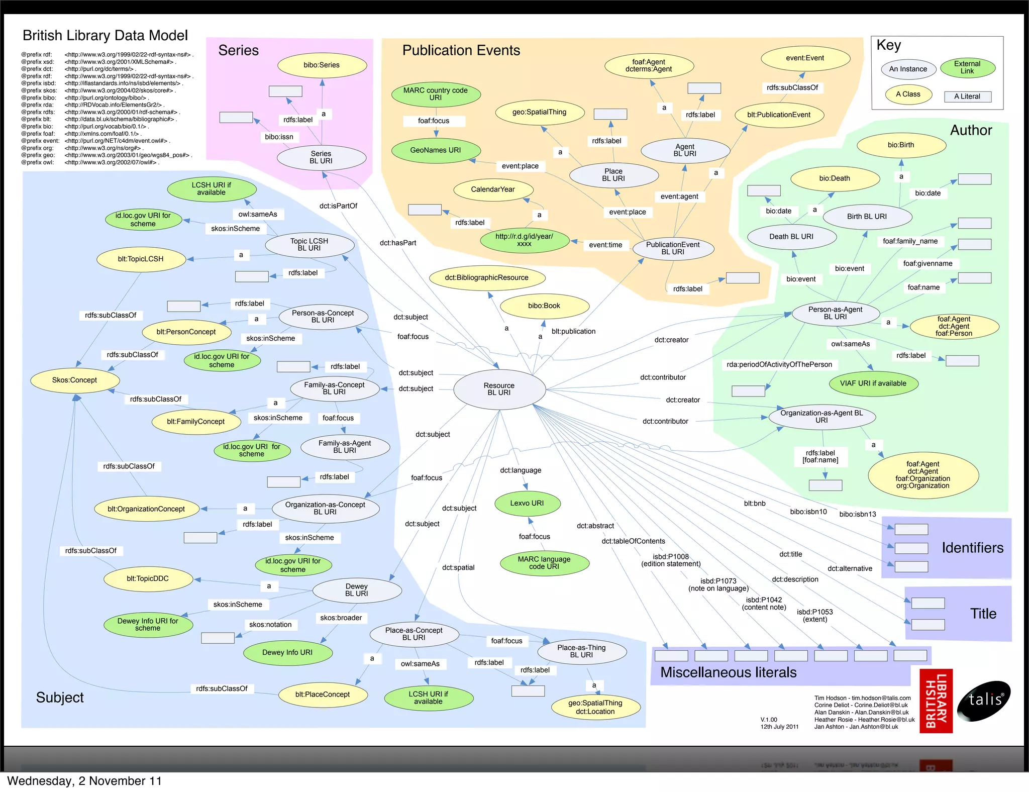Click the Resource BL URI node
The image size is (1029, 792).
(499, 389)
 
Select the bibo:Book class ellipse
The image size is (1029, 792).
(544, 306)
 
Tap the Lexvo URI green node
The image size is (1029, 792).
(527, 503)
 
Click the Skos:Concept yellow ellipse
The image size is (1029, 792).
(74, 380)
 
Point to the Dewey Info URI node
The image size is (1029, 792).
(287, 652)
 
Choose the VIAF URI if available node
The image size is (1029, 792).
(873, 383)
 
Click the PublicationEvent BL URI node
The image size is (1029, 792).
(673, 248)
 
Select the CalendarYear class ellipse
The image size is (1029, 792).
(493, 189)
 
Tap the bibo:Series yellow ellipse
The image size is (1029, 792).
(322, 65)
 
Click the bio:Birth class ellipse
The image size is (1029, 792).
(901, 145)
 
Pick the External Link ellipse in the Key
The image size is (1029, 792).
(967, 67)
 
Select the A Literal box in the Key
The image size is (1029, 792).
(967, 96)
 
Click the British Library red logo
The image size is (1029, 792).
(936, 701)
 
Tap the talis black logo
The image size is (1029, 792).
(983, 701)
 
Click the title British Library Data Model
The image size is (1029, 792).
(105, 35)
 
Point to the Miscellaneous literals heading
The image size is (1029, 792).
(729, 672)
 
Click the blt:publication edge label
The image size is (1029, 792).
(573, 331)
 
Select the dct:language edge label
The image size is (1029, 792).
(521, 470)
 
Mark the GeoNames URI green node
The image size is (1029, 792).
(436, 150)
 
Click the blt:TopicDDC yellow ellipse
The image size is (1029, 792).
(148, 578)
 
